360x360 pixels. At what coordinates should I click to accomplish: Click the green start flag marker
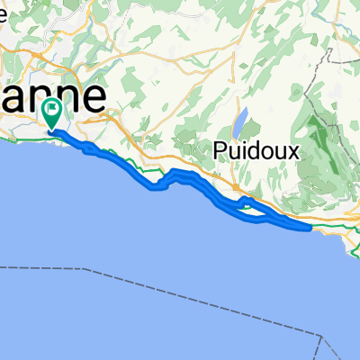pos(52,113)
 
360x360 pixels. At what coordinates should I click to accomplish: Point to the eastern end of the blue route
pos(309,228)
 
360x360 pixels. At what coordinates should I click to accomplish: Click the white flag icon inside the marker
pos(52,110)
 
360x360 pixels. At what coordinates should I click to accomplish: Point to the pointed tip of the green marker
pos(52,130)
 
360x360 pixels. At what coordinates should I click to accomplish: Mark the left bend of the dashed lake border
pos(90,269)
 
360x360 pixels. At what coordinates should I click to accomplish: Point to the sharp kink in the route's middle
pos(159,186)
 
